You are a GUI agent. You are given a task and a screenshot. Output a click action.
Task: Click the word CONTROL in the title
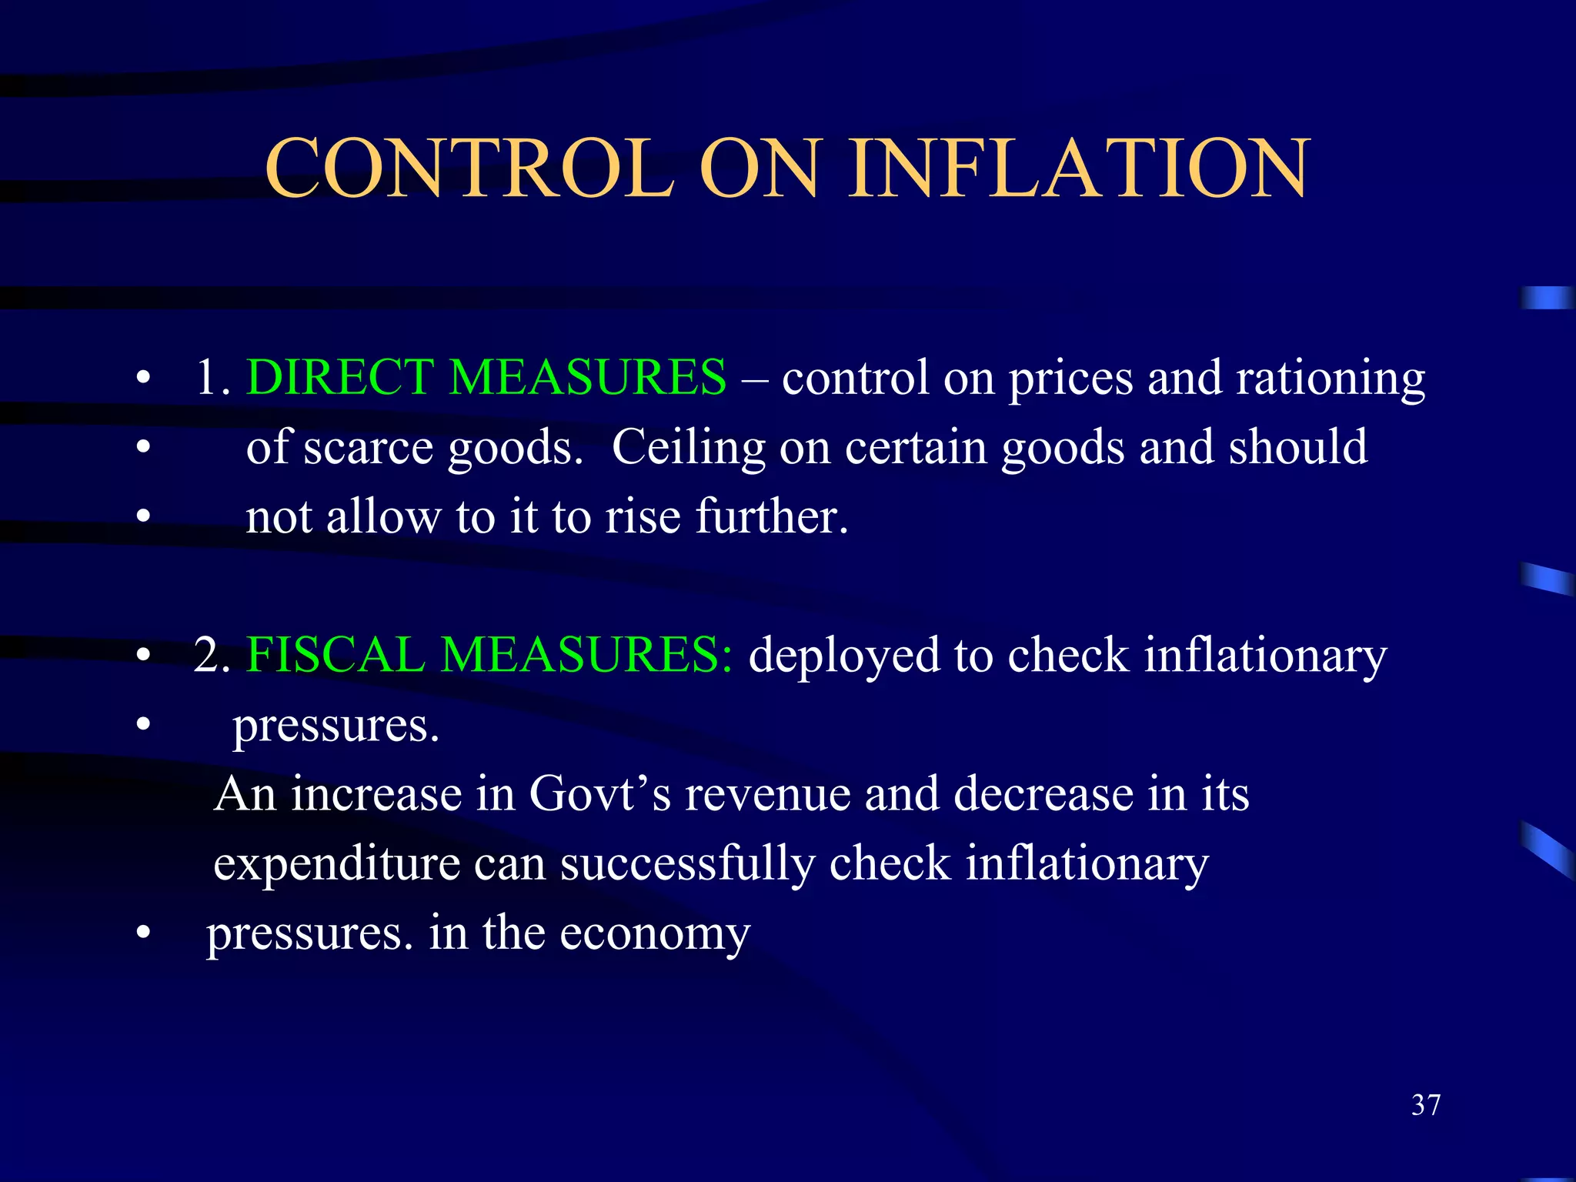pos(469,169)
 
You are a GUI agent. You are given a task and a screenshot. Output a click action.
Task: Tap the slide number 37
pos(1426,1105)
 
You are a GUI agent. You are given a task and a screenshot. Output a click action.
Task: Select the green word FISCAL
pos(336,655)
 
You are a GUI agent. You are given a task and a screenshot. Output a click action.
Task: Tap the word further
pos(772,516)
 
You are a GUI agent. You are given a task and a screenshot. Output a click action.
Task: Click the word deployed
pos(843,656)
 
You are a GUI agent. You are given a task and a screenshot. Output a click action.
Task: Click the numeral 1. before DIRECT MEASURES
pos(212,378)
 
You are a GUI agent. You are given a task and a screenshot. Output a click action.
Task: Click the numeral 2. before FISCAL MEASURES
pos(212,656)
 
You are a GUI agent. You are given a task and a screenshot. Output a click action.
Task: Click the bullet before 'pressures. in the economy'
pos(142,933)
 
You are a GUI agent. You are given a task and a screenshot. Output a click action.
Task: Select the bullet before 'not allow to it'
pos(142,517)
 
